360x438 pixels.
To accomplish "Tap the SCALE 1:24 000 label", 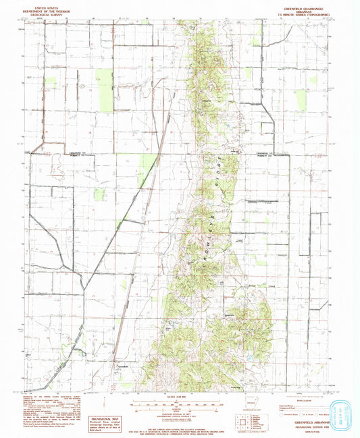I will (x=179, y=395).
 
